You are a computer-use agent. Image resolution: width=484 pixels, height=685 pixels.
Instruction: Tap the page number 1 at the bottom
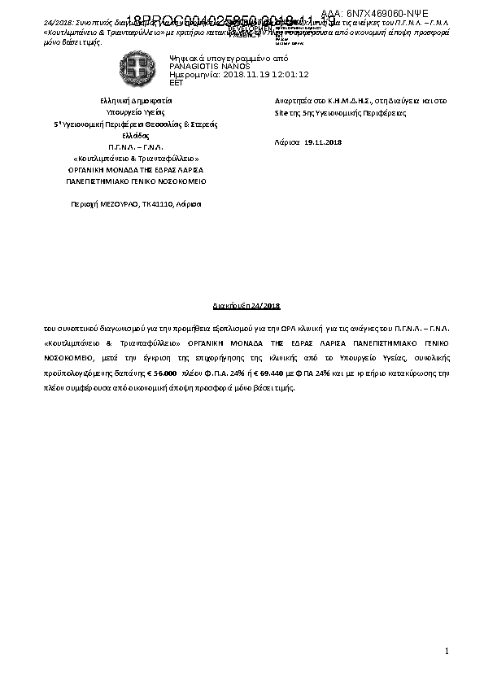(447, 652)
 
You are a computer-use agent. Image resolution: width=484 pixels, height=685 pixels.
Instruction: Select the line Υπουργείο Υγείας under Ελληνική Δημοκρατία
(136, 112)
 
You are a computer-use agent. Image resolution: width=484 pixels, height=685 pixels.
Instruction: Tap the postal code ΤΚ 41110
(156, 203)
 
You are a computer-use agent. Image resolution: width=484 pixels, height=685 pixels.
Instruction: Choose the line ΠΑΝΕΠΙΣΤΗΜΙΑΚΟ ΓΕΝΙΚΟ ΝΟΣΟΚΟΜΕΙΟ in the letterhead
(136, 181)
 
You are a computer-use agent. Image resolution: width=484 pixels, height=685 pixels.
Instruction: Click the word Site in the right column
(283, 113)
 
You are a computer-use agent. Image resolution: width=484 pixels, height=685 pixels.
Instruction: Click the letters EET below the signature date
(176, 82)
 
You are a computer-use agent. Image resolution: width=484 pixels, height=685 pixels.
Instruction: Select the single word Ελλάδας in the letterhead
(136, 135)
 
